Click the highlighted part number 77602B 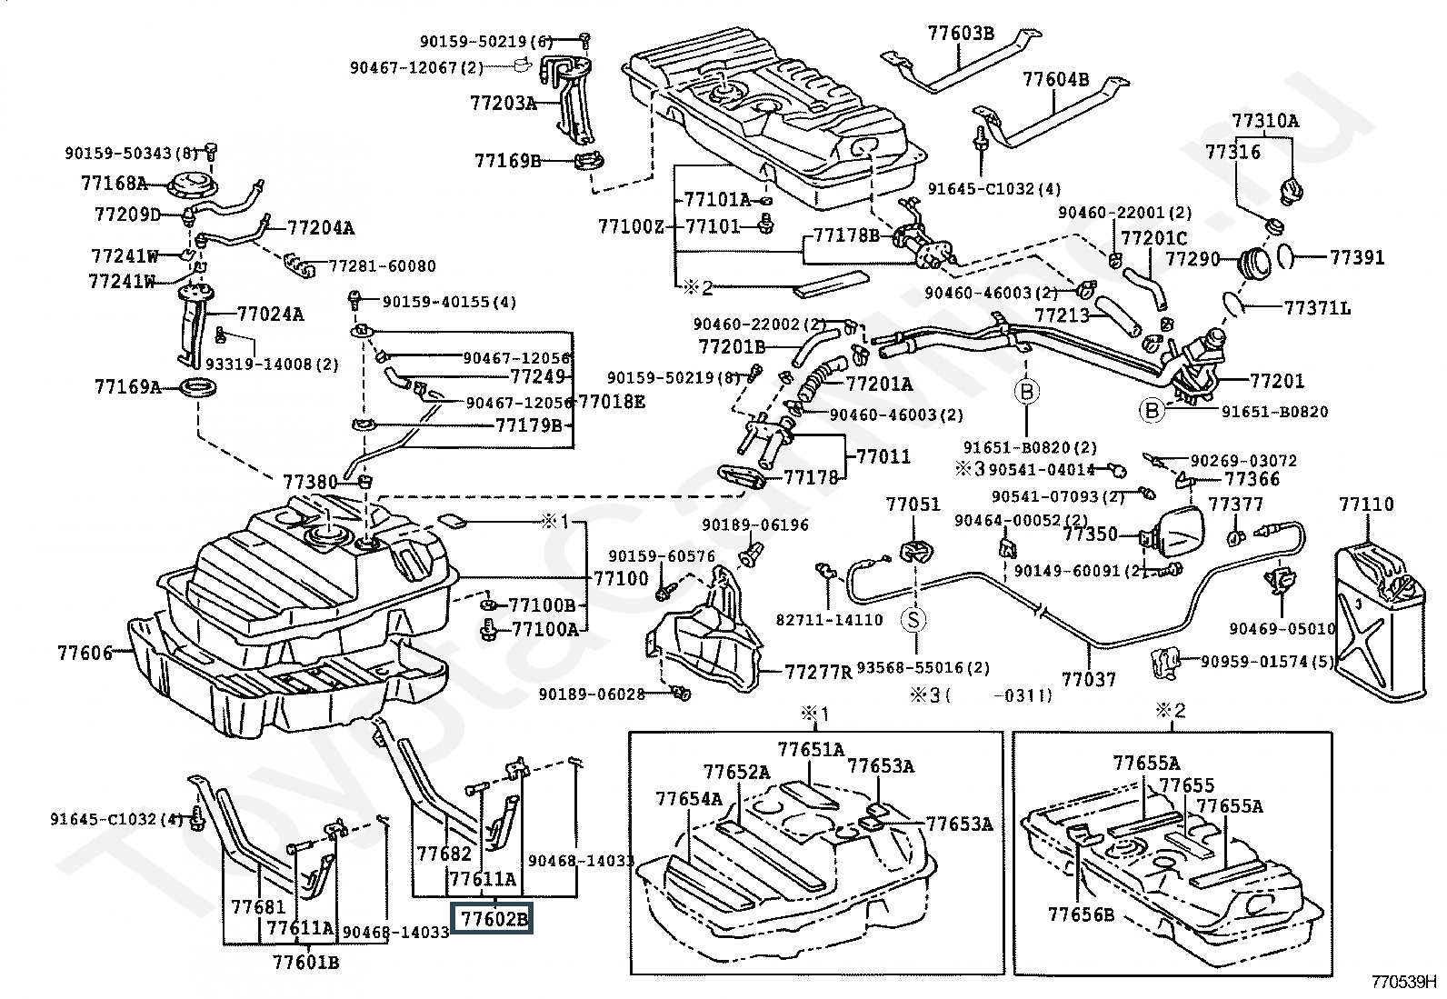coord(494,919)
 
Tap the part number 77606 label coord(84,653)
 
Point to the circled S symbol coord(913,620)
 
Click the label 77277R coord(818,673)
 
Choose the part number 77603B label coord(961,34)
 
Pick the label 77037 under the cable coord(1088,678)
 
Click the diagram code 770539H coord(1405,982)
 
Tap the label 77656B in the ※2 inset coord(1081,914)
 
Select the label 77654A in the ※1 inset coord(689,798)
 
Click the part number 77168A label coord(114,183)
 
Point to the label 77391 coord(1356,257)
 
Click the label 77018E coord(612,401)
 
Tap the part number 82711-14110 coord(829,620)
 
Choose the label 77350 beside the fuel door coord(1091,534)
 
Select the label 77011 coord(883,456)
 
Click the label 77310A coord(1265,121)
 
